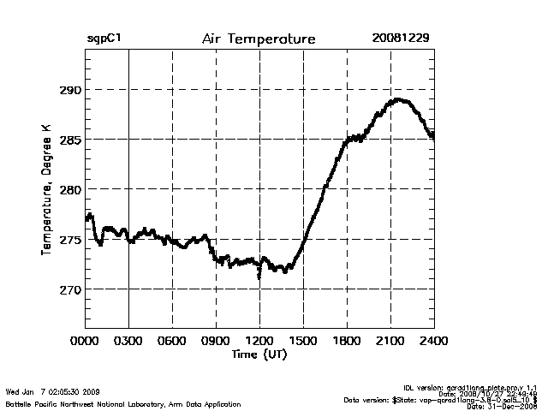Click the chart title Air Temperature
pyautogui.click(x=259, y=39)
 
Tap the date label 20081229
pyautogui.click(x=400, y=39)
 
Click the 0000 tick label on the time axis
pyautogui.click(x=86, y=340)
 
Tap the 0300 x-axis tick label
pyautogui.click(x=128, y=340)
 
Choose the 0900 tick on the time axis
pyautogui.click(x=216, y=340)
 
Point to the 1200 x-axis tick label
pyautogui.click(x=259, y=340)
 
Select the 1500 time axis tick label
pyautogui.click(x=303, y=340)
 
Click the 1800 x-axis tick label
pyautogui.click(x=347, y=340)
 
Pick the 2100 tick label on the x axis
pyautogui.click(x=390, y=340)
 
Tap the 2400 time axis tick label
pyautogui.click(x=434, y=340)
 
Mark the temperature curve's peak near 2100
pyautogui.click(x=396, y=100)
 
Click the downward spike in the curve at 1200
pyautogui.click(x=259, y=276)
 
